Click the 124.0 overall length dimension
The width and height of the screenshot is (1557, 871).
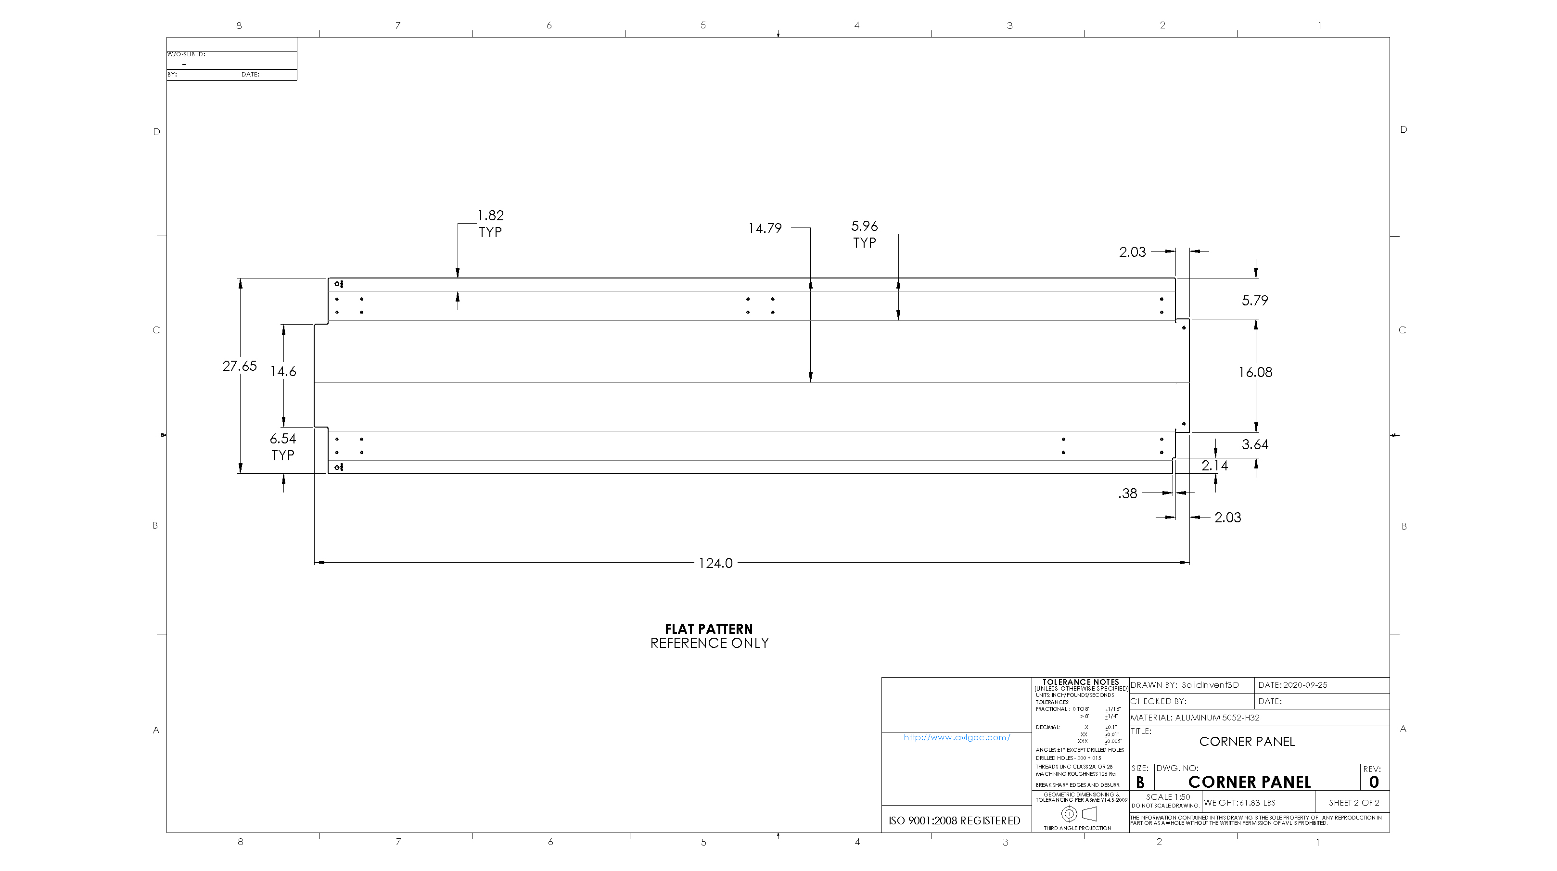click(x=715, y=563)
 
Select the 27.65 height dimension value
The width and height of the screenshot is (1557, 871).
click(x=239, y=366)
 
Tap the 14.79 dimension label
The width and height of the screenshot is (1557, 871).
click(x=765, y=229)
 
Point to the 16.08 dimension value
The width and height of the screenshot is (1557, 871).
click(x=1255, y=373)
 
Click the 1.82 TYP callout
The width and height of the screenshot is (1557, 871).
click(x=490, y=224)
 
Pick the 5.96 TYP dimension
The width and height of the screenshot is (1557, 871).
click(x=864, y=234)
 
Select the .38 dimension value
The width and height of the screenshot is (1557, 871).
click(x=1127, y=494)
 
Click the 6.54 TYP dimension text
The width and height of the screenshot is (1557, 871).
click(x=283, y=446)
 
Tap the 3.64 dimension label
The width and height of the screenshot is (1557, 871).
click(x=1255, y=444)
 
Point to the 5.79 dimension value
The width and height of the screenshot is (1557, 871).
click(x=1255, y=301)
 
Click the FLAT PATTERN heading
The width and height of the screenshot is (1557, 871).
click(x=708, y=629)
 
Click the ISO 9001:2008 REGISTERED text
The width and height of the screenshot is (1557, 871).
click(x=955, y=821)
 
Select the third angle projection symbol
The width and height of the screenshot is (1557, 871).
click(x=1079, y=814)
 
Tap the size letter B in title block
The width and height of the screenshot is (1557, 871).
click(x=1140, y=782)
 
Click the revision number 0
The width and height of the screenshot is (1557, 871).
click(x=1374, y=782)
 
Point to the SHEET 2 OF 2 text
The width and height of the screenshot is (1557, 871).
click(x=1354, y=803)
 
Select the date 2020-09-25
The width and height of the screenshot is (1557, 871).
click(x=1305, y=685)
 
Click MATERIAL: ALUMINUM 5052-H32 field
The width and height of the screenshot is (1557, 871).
click(x=1195, y=718)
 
